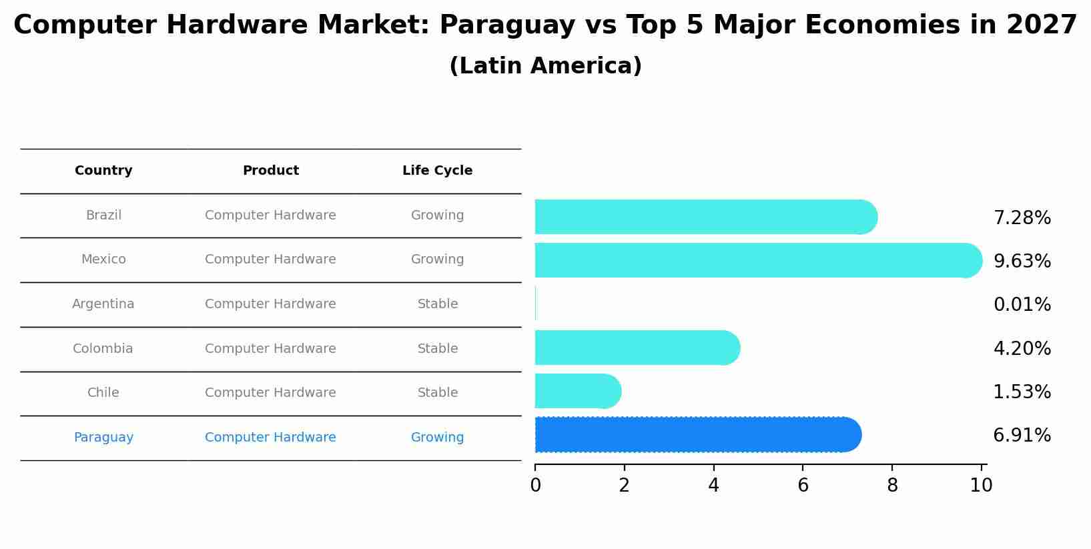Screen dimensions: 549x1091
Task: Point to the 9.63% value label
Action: tap(1022, 261)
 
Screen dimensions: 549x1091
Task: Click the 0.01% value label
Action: tap(1022, 305)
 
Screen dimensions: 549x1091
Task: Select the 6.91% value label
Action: tap(1022, 436)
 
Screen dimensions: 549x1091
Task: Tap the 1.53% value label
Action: tap(1022, 392)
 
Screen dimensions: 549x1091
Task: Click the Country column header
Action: tap(103, 171)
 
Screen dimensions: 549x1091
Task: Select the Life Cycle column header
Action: tap(437, 171)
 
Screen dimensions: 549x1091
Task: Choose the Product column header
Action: tap(270, 171)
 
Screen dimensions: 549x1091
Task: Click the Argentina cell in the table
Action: tap(103, 304)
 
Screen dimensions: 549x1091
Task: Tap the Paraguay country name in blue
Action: tap(103, 438)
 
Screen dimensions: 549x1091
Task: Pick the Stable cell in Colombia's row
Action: tap(437, 349)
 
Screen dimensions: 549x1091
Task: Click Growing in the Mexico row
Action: tap(437, 259)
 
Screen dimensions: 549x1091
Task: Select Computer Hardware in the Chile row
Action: tap(270, 393)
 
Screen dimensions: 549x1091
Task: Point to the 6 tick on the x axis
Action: tap(803, 486)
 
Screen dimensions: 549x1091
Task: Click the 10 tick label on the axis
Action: tap(981, 486)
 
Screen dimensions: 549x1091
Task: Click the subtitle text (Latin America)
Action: tap(545, 66)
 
